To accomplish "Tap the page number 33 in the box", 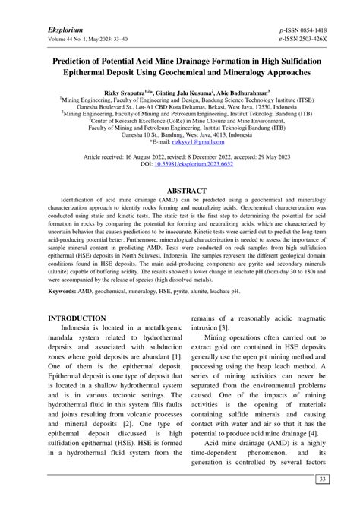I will click(322, 479).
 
